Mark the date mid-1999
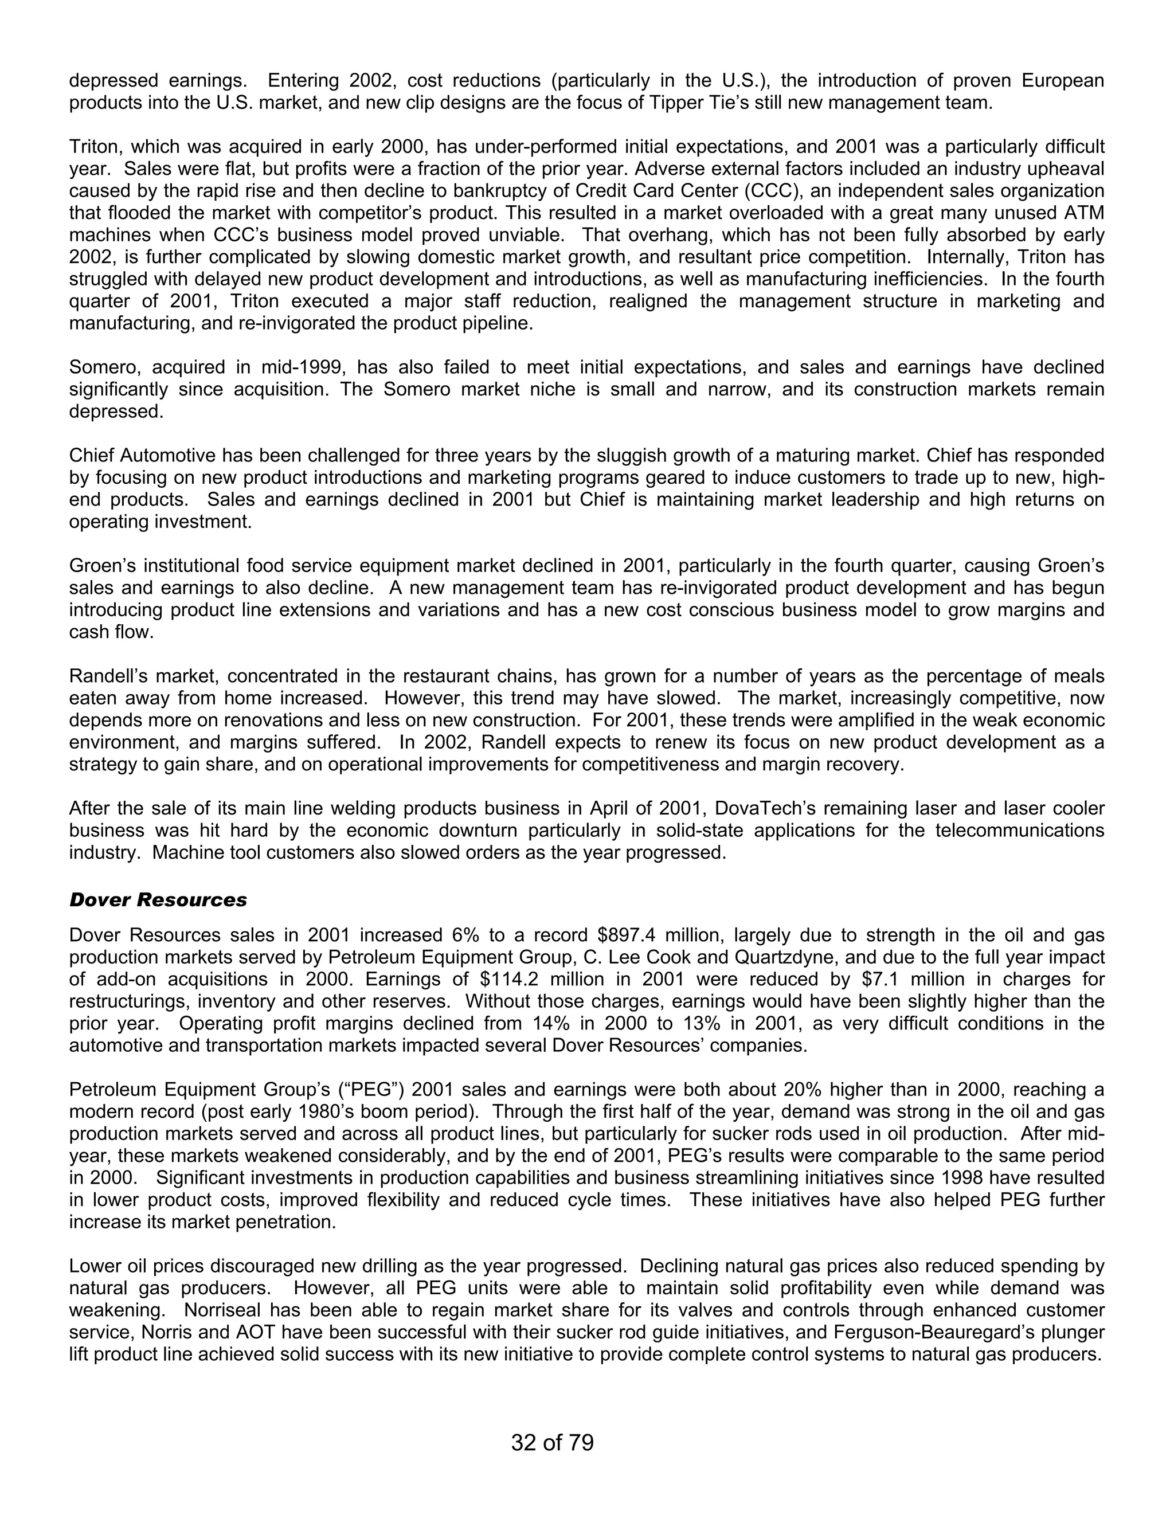[304, 367]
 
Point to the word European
[1062, 81]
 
